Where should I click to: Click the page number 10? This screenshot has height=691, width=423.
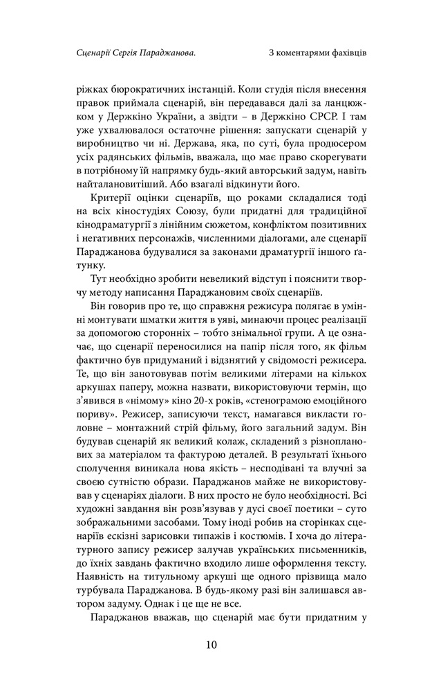[211, 645]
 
